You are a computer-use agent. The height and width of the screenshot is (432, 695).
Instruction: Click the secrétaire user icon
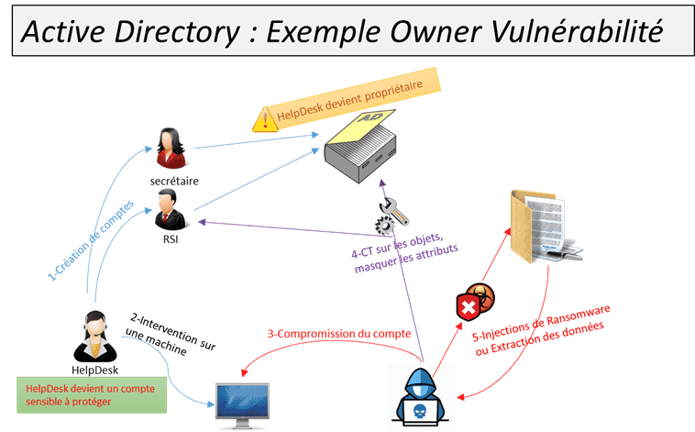[x=169, y=148]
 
